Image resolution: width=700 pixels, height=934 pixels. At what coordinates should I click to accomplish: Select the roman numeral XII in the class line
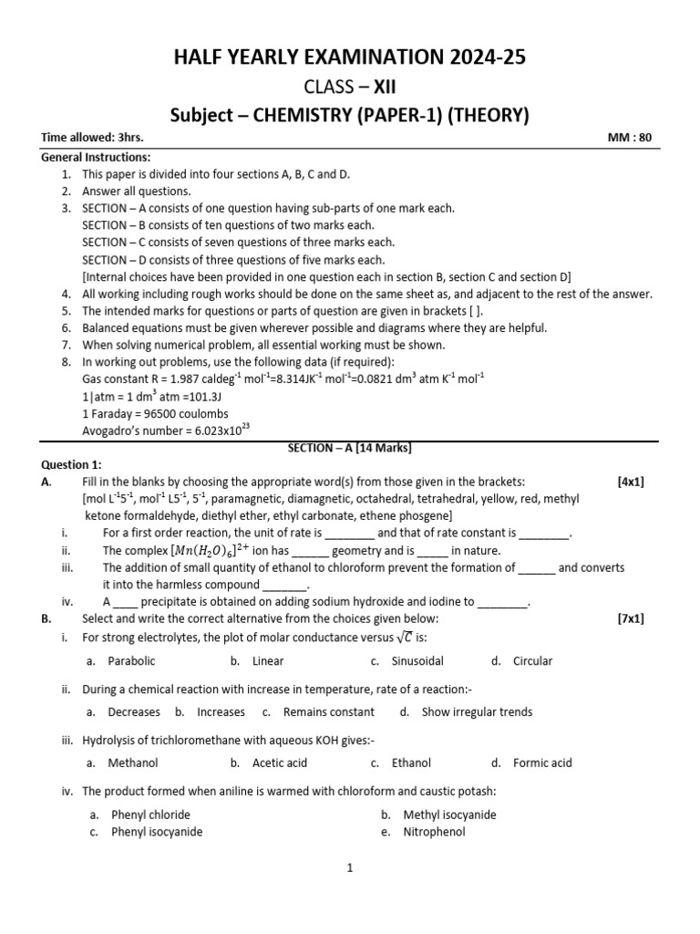382,87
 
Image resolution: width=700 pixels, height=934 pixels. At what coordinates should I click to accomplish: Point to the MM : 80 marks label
630,138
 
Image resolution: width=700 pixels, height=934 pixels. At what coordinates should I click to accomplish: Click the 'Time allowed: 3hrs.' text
92,138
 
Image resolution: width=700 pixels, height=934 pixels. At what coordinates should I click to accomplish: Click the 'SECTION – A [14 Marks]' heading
350,448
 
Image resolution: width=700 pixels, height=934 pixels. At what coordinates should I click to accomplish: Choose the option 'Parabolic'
131,661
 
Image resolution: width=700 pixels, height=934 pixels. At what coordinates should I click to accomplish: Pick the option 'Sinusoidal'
417,661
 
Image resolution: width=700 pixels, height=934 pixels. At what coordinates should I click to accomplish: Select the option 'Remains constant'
328,712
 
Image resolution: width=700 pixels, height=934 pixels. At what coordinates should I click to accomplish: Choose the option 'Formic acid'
542,763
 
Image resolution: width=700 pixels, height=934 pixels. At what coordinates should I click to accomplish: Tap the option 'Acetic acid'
280,763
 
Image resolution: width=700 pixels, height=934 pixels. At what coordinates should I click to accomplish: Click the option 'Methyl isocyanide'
449,815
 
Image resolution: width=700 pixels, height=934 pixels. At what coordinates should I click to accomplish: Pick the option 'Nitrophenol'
434,832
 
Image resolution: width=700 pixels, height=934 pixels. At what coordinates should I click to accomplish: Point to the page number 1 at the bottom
349,869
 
